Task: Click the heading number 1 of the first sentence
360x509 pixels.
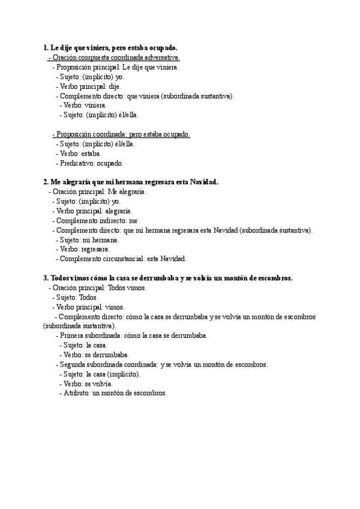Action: (46, 47)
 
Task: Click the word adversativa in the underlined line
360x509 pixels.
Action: (160, 58)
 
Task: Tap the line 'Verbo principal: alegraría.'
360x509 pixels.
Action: (93, 211)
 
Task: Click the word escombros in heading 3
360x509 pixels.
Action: (272, 278)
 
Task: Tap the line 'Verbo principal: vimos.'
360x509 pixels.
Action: (89, 307)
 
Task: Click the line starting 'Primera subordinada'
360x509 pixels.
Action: (132, 336)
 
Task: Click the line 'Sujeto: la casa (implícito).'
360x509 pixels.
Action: (100, 374)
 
